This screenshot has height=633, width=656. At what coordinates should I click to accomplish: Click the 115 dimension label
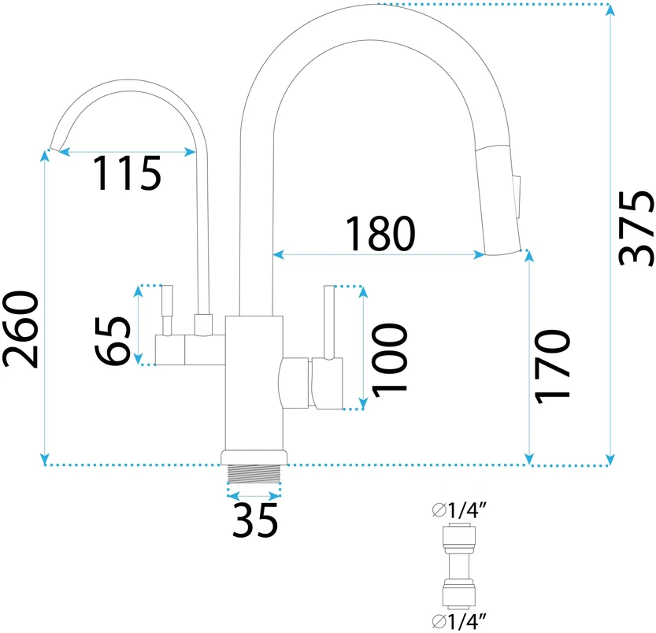128,173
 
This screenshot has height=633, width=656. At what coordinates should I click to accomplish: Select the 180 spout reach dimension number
380,234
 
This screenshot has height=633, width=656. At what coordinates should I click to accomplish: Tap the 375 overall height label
636,228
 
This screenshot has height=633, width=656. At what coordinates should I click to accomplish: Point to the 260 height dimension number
20,330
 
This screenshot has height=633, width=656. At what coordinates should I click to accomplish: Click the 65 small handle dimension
112,342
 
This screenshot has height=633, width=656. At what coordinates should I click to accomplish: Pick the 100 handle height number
389,360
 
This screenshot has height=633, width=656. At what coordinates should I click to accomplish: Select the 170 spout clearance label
552,367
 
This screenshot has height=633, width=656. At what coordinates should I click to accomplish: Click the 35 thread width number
255,520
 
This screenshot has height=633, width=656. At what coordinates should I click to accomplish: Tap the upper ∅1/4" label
460,510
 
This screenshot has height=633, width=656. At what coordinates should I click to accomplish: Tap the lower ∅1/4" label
460,622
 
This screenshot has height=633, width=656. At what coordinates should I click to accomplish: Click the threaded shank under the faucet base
254,474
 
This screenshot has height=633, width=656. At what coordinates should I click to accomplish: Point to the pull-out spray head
498,200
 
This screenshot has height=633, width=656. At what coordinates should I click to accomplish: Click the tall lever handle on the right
329,322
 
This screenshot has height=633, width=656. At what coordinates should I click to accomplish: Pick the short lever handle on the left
167,310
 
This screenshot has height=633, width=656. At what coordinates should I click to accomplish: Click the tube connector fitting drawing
459,566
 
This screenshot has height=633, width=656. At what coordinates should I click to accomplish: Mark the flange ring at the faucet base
254,457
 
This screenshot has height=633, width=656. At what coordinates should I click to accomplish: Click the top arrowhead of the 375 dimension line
610,10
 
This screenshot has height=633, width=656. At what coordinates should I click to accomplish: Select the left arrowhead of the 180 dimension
279,254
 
